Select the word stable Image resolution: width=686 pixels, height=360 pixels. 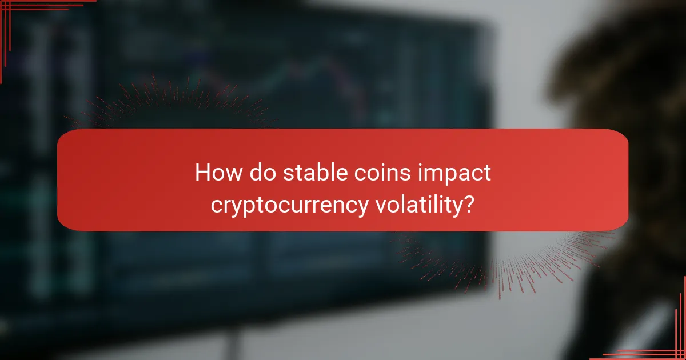click(x=312, y=172)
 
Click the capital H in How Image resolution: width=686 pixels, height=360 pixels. click(x=202, y=172)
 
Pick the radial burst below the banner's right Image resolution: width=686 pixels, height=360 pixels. click(x=514, y=257)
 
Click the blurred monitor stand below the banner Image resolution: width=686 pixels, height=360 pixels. click(x=234, y=337)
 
